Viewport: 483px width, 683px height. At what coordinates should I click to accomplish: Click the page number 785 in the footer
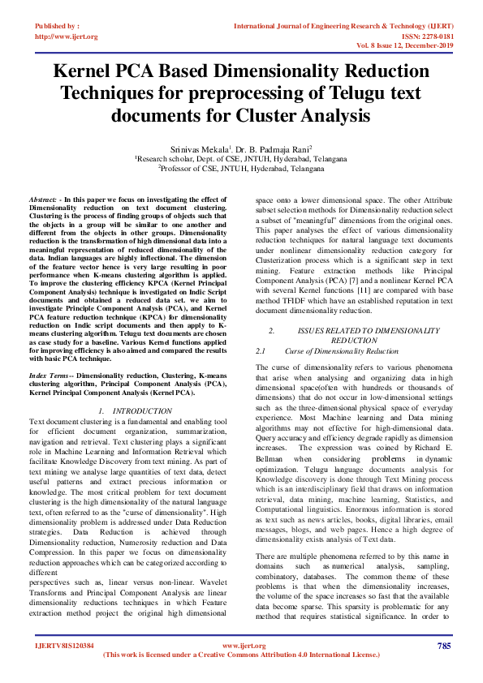coord(443,646)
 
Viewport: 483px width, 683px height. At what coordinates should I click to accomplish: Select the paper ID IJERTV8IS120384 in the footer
coord(64,646)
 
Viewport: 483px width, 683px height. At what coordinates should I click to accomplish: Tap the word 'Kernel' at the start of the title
coord(87,71)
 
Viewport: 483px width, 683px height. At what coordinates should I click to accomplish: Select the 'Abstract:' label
coord(43,199)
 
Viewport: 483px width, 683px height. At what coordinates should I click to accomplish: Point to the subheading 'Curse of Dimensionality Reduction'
coord(341,351)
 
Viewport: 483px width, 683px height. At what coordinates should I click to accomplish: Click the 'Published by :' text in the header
coord(58,26)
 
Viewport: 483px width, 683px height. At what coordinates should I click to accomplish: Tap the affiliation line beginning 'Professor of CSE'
coord(242,169)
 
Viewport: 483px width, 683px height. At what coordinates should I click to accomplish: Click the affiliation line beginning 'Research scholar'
coord(242,160)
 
